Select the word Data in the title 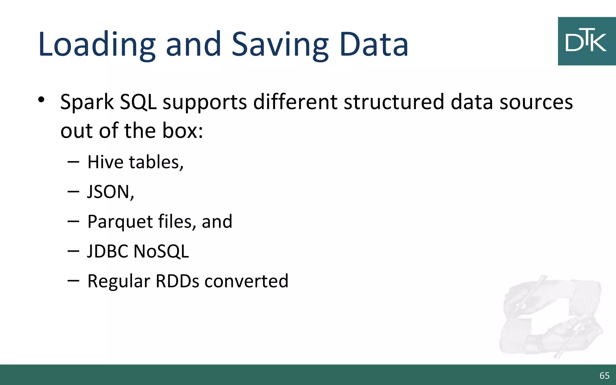click(374, 45)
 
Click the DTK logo click(587, 41)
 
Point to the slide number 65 click(604, 375)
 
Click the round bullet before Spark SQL click(42, 100)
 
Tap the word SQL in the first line click(138, 102)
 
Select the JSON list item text click(110, 192)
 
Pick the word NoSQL click(161, 251)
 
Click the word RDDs click(177, 281)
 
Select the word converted click(246, 281)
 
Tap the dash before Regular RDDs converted click(73, 281)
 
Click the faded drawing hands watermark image click(550, 317)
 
